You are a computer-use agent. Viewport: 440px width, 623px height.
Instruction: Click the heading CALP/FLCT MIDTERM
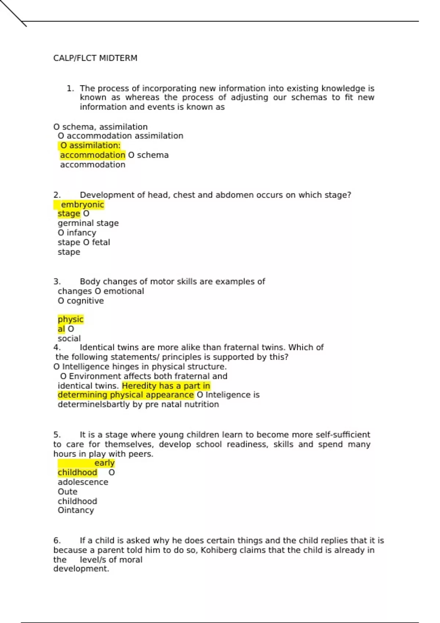[x=95, y=58]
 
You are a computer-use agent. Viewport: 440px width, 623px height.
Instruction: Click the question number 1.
[x=70, y=88]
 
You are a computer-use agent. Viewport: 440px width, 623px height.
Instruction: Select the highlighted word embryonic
[x=82, y=204]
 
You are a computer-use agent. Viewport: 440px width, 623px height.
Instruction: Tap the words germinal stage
[x=88, y=223]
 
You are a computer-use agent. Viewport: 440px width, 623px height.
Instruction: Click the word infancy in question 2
[x=81, y=233]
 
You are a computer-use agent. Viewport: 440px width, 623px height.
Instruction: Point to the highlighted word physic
[x=70, y=319]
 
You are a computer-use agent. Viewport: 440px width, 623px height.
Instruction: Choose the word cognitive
[x=85, y=301]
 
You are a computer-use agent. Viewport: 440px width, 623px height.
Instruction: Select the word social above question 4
[x=69, y=338]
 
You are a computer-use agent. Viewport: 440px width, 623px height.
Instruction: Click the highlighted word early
[x=104, y=463]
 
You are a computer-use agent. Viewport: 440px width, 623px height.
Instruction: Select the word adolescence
[x=83, y=482]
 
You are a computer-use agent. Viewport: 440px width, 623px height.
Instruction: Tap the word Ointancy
[x=76, y=510]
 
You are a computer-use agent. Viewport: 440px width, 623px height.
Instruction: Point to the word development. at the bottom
[x=81, y=569]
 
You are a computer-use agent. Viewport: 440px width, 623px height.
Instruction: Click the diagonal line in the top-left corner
[x=13, y=13]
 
